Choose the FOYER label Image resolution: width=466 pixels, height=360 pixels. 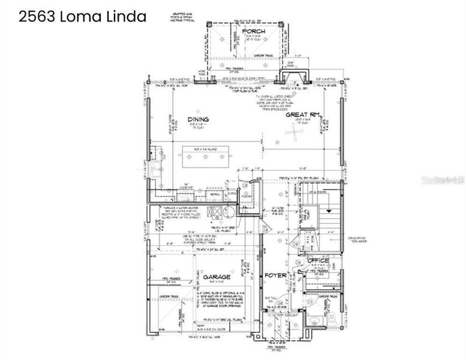[x=277, y=275]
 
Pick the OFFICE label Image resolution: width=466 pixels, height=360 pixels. [x=318, y=260]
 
